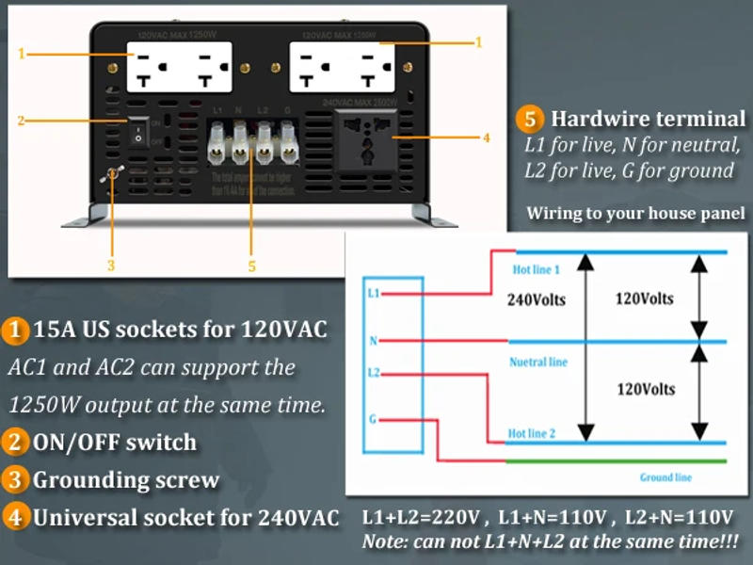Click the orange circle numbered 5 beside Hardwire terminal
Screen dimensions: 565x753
coord(529,120)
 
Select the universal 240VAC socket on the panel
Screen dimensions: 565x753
coord(368,138)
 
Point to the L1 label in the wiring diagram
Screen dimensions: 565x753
coord(374,294)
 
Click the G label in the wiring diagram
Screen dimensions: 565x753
coord(375,418)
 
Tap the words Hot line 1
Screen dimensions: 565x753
coord(536,270)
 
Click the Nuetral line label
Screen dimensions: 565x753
coord(538,362)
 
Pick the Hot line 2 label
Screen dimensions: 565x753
coord(533,432)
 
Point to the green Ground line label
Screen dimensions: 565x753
coord(665,477)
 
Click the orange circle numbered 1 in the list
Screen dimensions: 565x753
coord(15,331)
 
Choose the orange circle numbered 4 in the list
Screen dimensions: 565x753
coord(15,518)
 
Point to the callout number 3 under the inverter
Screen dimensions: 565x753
coord(110,266)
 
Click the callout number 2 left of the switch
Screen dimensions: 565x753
coord(21,120)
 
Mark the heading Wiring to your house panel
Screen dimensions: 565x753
coord(635,213)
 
